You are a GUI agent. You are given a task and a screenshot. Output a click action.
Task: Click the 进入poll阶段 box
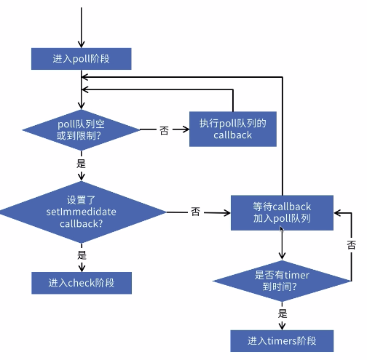pyautogui.click(x=81, y=57)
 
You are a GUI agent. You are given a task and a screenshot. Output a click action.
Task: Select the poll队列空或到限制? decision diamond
pyautogui.click(x=81, y=130)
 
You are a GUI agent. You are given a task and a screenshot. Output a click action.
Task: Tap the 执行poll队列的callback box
pyautogui.click(x=233, y=129)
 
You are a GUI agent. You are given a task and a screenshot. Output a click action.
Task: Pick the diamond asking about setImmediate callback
pyautogui.click(x=81, y=212)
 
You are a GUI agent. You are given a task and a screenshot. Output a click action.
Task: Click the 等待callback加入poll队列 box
pyautogui.click(x=282, y=212)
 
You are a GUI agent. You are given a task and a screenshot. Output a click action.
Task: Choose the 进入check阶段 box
pyautogui.click(x=81, y=283)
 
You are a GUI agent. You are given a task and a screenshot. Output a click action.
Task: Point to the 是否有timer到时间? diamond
pyautogui.click(x=282, y=279)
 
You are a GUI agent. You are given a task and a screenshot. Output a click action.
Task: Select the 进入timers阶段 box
pyautogui.click(x=282, y=340)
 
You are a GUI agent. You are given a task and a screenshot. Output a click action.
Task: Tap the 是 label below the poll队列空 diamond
pyautogui.click(x=82, y=164)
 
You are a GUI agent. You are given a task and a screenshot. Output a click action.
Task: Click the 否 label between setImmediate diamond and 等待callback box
pyautogui.click(x=195, y=212)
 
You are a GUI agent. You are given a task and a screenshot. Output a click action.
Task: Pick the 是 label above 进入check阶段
pyautogui.click(x=82, y=255)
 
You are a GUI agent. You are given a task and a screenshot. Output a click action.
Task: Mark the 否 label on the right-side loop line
pyautogui.click(x=351, y=244)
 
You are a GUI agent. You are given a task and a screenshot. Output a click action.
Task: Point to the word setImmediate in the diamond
pyautogui.click(x=81, y=211)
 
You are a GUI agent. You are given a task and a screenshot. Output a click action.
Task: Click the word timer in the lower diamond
pyautogui.click(x=296, y=274)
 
